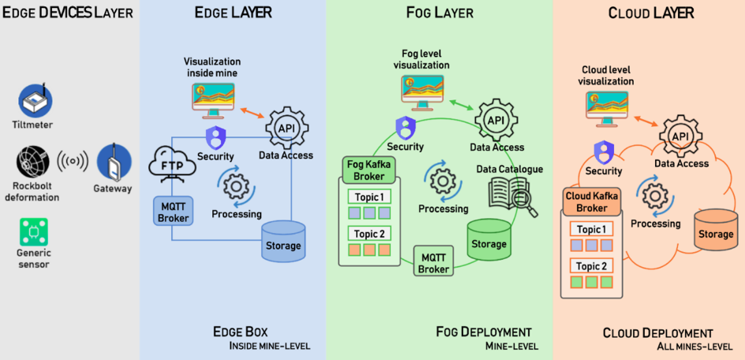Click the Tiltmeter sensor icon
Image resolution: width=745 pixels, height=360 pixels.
tap(35, 100)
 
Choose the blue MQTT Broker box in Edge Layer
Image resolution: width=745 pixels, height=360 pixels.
tap(173, 211)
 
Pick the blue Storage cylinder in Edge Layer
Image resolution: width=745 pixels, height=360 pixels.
tap(283, 240)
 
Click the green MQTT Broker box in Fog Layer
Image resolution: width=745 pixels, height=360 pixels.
tap(433, 263)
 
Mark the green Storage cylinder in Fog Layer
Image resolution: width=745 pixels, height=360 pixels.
tap(489, 238)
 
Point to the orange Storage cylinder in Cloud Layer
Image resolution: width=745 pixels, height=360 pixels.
tap(716, 228)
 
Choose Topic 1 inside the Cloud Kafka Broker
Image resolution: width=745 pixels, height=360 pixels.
tap(592, 230)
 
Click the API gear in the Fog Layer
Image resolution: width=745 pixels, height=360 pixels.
tap(496, 120)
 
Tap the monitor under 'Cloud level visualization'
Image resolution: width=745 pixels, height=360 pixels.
tap(607, 107)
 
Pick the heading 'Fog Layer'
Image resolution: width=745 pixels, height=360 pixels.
tap(440, 13)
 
